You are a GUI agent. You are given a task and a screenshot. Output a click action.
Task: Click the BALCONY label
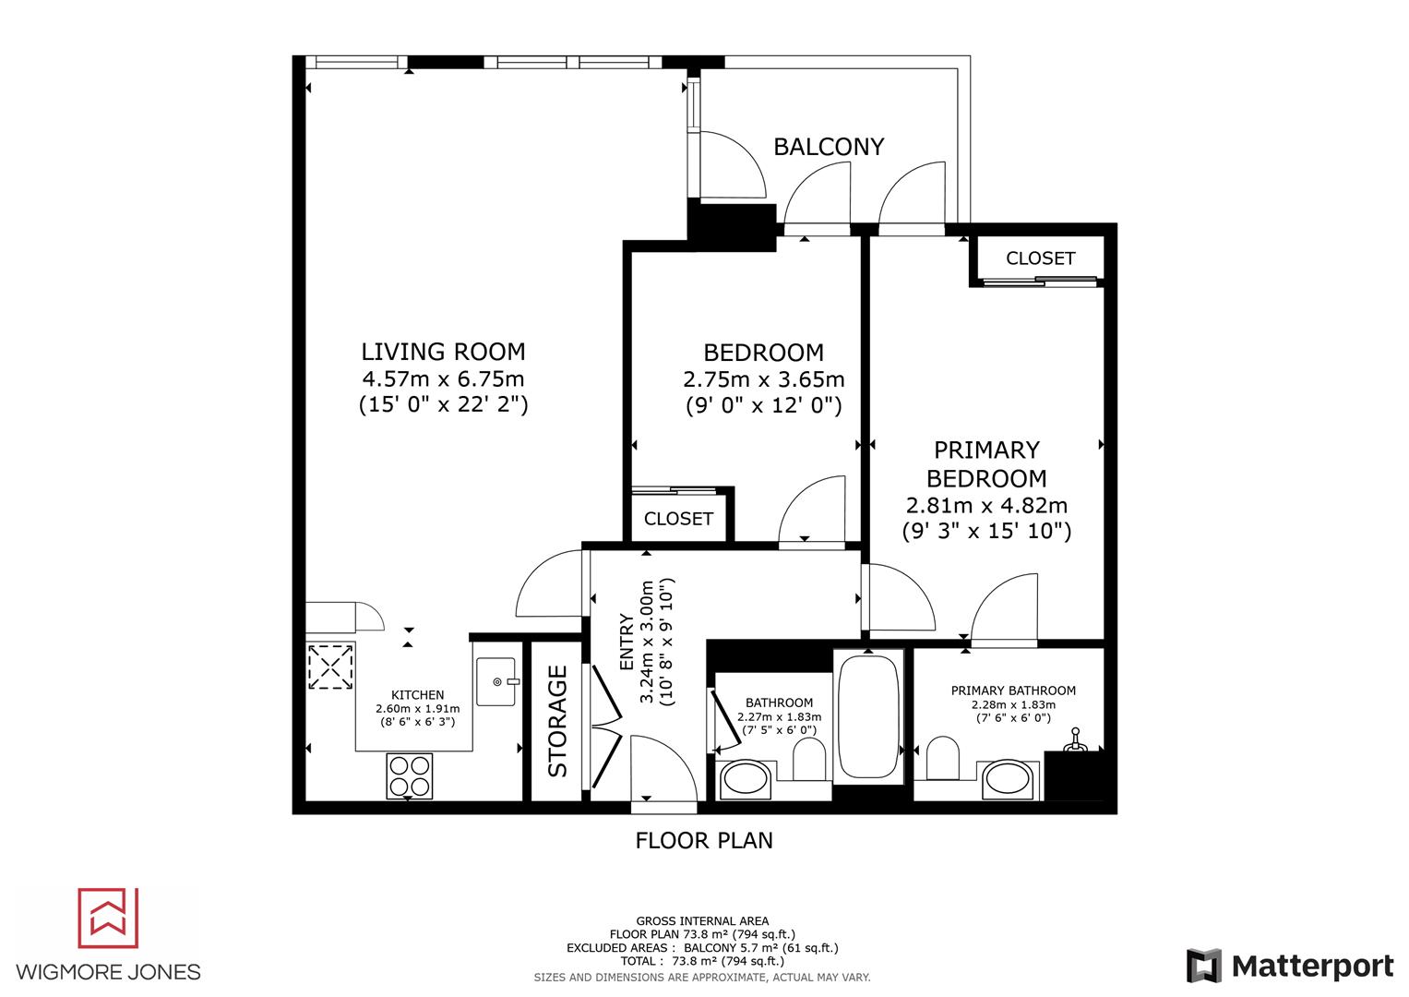[x=828, y=147]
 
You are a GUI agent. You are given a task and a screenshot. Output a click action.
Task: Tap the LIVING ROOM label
[x=443, y=352]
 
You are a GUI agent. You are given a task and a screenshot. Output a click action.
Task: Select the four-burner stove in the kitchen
[x=410, y=775]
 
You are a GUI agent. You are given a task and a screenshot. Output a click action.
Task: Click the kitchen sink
[x=497, y=682]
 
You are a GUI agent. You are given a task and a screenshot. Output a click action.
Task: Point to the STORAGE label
[x=558, y=722]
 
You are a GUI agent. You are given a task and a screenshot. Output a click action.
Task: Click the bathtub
[x=867, y=715]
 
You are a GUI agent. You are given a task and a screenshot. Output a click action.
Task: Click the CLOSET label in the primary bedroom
[x=1040, y=258]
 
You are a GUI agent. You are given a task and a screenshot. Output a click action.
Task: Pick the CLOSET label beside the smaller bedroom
[x=678, y=519]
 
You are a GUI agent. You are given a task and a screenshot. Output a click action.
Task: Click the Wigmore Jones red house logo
[x=108, y=918]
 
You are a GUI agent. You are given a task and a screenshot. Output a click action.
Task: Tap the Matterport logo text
[x=1312, y=967]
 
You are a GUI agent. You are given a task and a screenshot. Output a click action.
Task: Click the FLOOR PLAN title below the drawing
[x=704, y=840]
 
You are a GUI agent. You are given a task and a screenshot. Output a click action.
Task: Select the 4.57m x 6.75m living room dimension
[x=443, y=378]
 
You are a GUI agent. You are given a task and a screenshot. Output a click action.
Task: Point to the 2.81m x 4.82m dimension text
[x=986, y=506]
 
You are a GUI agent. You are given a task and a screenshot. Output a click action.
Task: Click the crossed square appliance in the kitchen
[x=330, y=666]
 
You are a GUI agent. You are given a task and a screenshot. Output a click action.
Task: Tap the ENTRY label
[x=627, y=643]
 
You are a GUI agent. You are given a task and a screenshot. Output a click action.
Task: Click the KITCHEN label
[x=417, y=695]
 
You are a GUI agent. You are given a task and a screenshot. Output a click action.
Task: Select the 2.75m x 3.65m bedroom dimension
[x=763, y=379]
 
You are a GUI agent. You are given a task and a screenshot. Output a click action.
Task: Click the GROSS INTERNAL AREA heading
[x=702, y=920]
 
